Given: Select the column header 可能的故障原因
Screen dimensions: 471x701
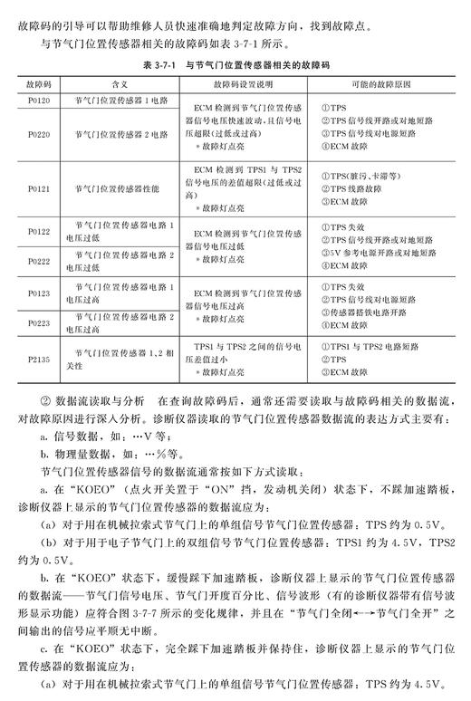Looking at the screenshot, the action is point(380,82).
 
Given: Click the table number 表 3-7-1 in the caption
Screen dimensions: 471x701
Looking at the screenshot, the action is point(165,64).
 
